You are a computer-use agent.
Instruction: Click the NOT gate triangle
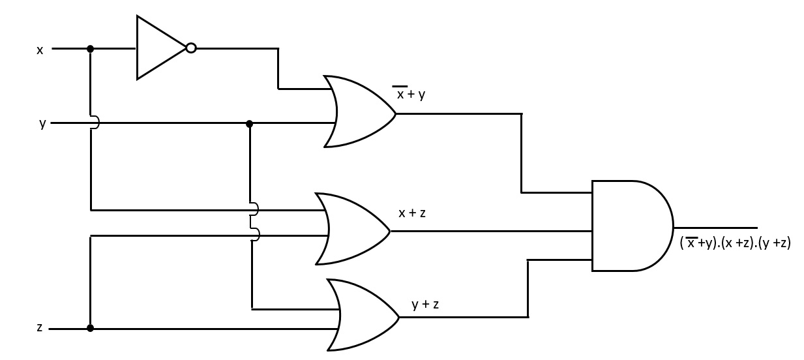point(158,48)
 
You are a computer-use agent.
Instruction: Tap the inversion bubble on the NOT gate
point(191,48)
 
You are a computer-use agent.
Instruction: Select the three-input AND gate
point(629,226)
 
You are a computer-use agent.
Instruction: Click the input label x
point(40,50)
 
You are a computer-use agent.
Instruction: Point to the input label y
point(42,123)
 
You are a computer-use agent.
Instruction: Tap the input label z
point(40,327)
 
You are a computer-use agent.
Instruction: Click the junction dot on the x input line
point(90,48)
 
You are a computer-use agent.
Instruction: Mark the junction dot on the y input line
point(249,123)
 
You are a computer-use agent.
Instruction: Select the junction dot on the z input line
point(90,328)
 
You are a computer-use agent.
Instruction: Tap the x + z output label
point(412,213)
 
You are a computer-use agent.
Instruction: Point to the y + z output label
point(425,304)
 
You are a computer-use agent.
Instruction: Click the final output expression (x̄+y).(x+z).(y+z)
point(735,243)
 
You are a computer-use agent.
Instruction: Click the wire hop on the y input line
point(95,123)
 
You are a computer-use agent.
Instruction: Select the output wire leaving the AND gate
point(715,227)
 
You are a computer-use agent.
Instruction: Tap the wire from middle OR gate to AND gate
point(489,231)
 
